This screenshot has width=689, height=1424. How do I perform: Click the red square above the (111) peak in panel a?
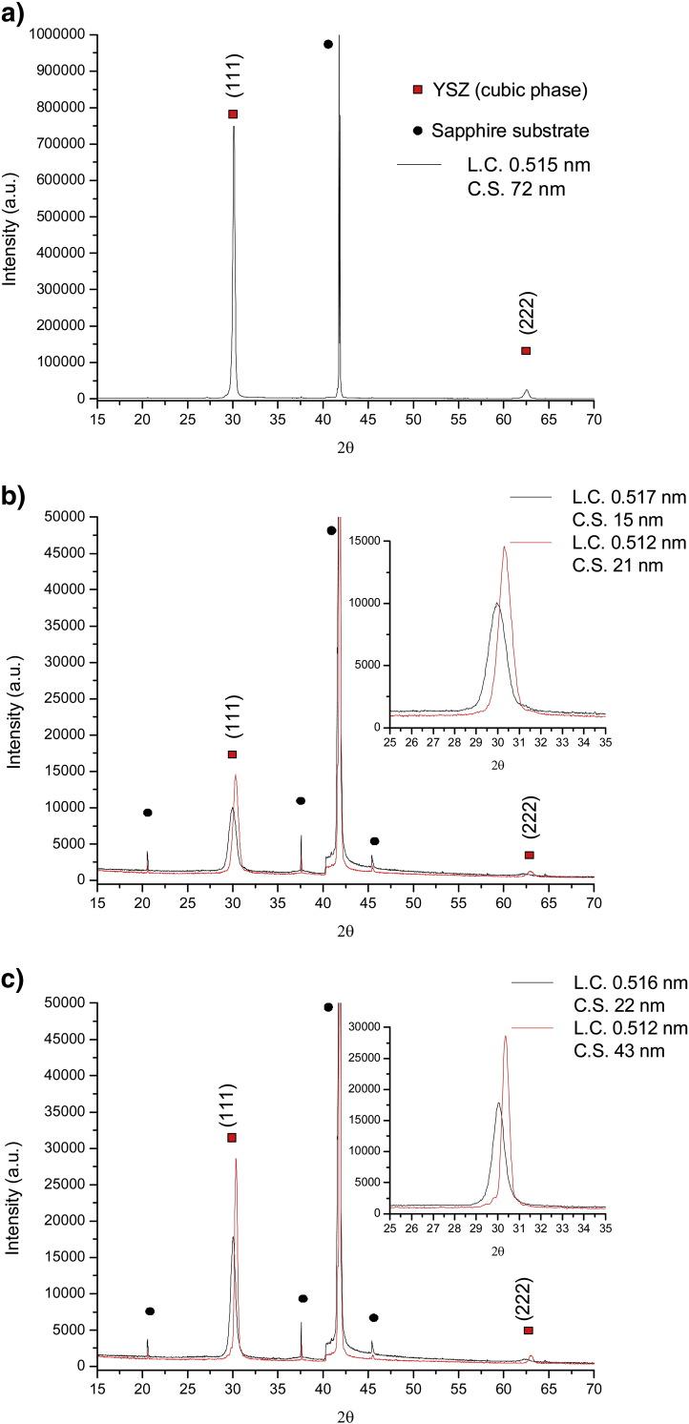click(x=233, y=114)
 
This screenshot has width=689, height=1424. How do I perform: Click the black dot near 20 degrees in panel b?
click(x=148, y=813)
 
